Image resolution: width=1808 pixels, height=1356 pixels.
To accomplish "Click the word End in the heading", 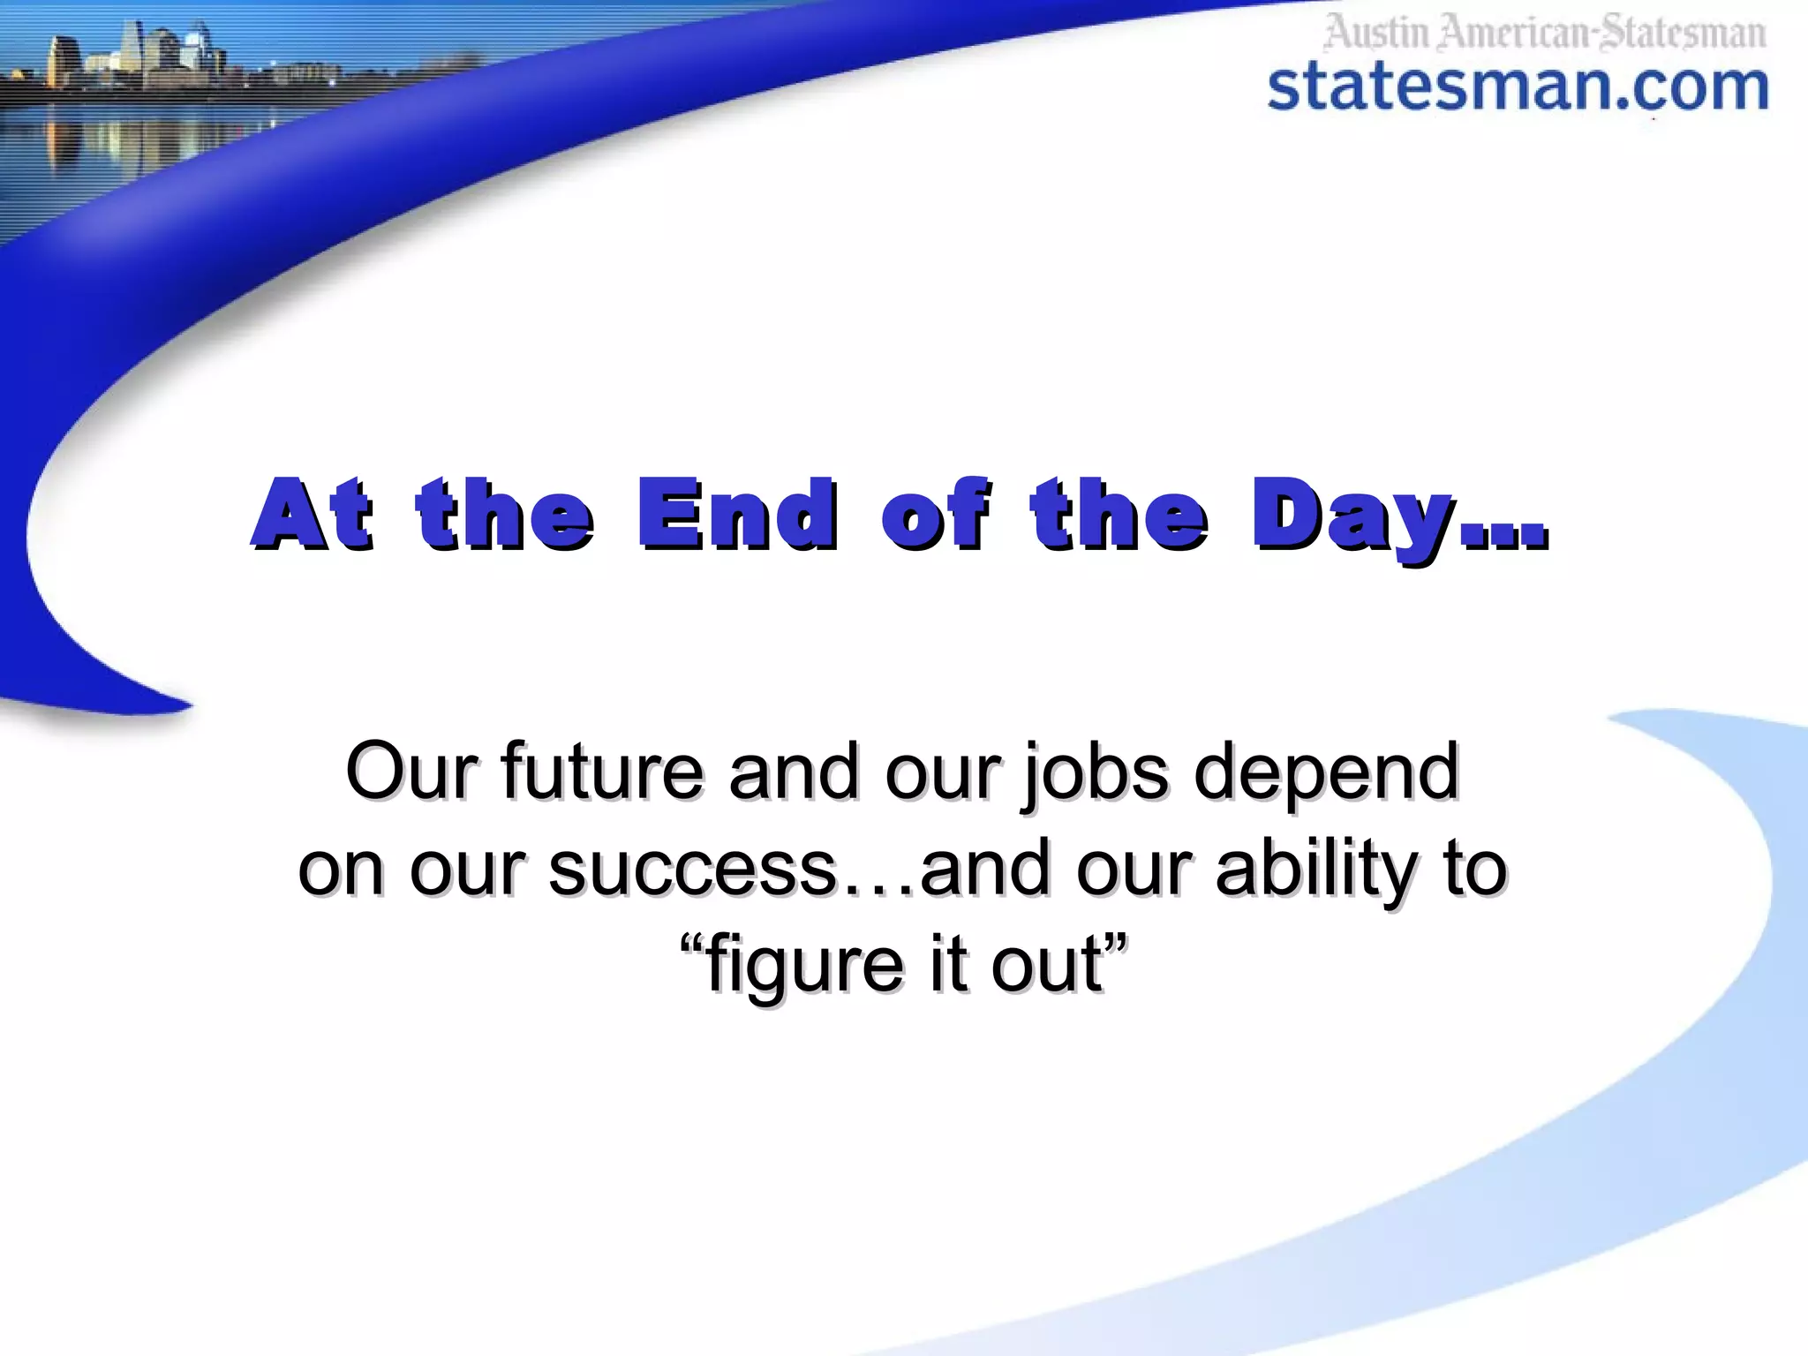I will (x=737, y=514).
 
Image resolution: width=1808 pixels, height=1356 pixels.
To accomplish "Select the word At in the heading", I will (x=312, y=514).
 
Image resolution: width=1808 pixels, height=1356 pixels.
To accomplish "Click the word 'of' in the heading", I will (x=935, y=514).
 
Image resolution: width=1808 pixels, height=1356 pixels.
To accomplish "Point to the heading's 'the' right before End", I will (x=505, y=514).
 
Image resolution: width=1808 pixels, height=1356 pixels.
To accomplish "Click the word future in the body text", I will (x=602, y=772).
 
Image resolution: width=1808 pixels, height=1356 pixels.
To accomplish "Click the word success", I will (x=692, y=869).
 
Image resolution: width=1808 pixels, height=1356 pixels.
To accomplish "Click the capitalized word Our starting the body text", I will (x=411, y=772).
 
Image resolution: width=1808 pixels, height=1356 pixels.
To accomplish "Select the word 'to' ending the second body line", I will (x=1476, y=869).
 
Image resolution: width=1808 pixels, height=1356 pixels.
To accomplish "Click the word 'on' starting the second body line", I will (x=341, y=870).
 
